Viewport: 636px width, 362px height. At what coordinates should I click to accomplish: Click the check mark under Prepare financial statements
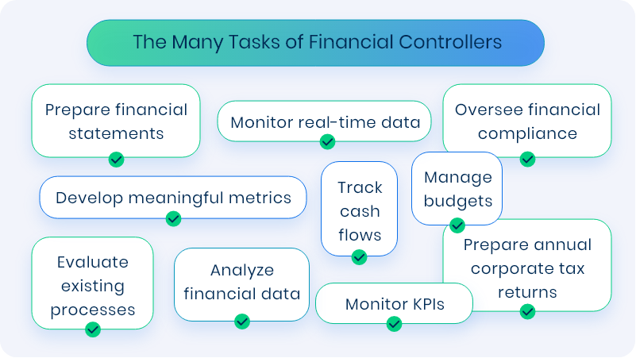(x=116, y=160)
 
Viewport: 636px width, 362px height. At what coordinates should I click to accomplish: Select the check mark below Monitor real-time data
(x=327, y=141)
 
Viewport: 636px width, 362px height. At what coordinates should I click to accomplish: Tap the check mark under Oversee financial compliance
(x=527, y=159)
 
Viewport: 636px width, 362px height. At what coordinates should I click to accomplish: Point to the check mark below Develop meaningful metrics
(x=173, y=219)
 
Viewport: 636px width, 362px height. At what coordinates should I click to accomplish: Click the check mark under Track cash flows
(x=359, y=257)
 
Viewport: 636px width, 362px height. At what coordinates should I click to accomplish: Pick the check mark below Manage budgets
(x=457, y=226)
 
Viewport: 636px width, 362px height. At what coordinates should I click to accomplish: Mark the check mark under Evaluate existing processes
(x=93, y=329)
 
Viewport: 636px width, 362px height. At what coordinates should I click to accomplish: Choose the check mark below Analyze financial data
(x=242, y=322)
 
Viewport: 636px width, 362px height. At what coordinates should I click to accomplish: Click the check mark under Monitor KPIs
(x=394, y=323)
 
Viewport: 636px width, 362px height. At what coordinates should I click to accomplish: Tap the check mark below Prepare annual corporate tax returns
(x=527, y=311)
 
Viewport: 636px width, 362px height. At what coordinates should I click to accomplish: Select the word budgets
(x=457, y=200)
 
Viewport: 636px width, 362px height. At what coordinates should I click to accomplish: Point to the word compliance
(x=527, y=133)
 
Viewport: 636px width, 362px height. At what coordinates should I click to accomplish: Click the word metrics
(x=258, y=197)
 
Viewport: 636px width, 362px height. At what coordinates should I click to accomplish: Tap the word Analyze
(x=242, y=270)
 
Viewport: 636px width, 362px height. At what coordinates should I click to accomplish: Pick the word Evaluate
(x=92, y=261)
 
